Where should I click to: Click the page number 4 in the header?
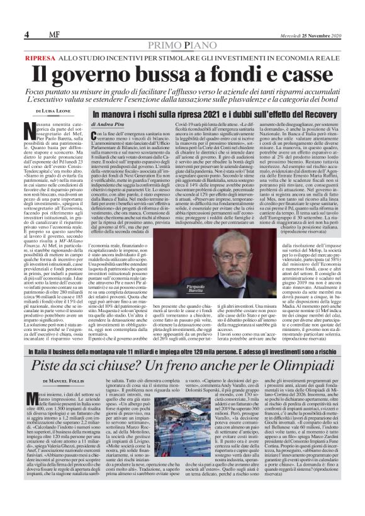click(x=26, y=33)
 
